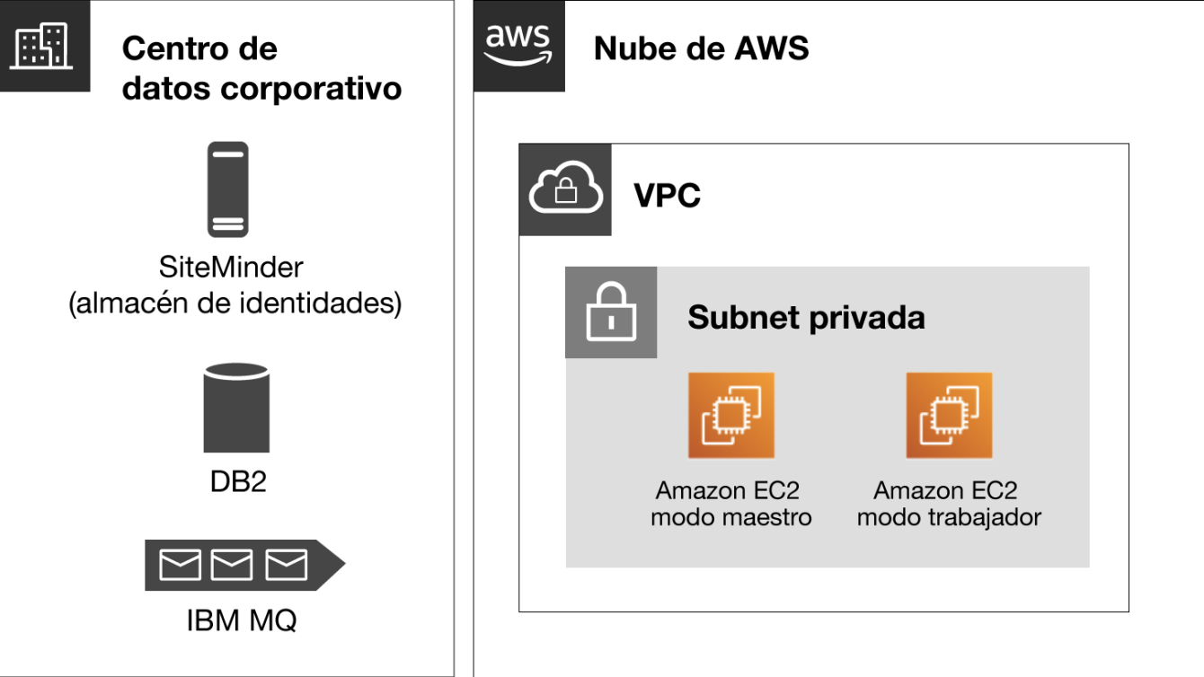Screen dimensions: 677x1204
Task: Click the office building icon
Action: click(44, 46)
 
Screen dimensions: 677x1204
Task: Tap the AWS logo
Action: click(518, 46)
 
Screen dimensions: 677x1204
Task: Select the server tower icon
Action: click(227, 189)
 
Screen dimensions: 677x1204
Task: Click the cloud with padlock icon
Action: click(565, 190)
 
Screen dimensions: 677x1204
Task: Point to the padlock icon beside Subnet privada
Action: click(610, 312)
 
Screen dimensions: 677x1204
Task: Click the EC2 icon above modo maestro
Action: click(730, 416)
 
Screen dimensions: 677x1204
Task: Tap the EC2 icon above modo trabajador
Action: click(949, 416)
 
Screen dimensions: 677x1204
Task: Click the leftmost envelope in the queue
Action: click(180, 565)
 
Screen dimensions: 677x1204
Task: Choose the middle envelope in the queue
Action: click(232, 565)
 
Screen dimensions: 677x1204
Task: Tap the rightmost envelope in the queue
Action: click(287, 565)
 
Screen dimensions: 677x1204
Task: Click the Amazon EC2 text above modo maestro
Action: click(727, 491)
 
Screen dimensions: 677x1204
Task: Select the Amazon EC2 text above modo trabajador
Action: click(945, 491)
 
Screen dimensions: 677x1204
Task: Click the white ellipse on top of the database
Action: click(236, 369)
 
